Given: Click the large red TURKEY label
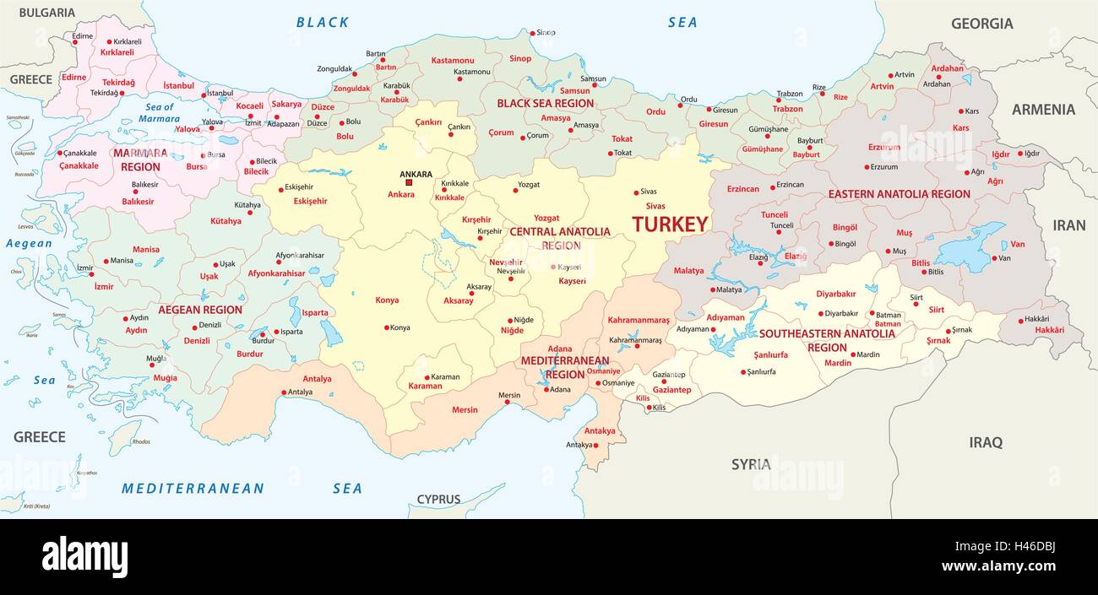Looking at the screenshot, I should point(670,224).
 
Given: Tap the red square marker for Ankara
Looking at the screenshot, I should point(409,182).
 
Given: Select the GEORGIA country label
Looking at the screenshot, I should point(981,24).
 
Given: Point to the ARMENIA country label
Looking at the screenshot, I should point(1043,109).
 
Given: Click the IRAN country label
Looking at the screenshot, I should point(1068,225).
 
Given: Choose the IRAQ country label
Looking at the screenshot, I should point(985,441).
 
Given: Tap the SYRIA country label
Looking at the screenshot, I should point(750,464).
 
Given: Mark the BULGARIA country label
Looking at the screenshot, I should point(46,13).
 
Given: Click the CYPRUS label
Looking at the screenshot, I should point(438,499).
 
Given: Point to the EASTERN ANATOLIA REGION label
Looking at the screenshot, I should point(899,194).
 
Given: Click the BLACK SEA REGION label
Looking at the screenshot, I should point(545,103).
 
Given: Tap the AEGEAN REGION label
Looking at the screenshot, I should point(200,310).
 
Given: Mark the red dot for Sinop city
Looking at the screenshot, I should point(531,34).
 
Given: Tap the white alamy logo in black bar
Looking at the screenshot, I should point(84,557).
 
